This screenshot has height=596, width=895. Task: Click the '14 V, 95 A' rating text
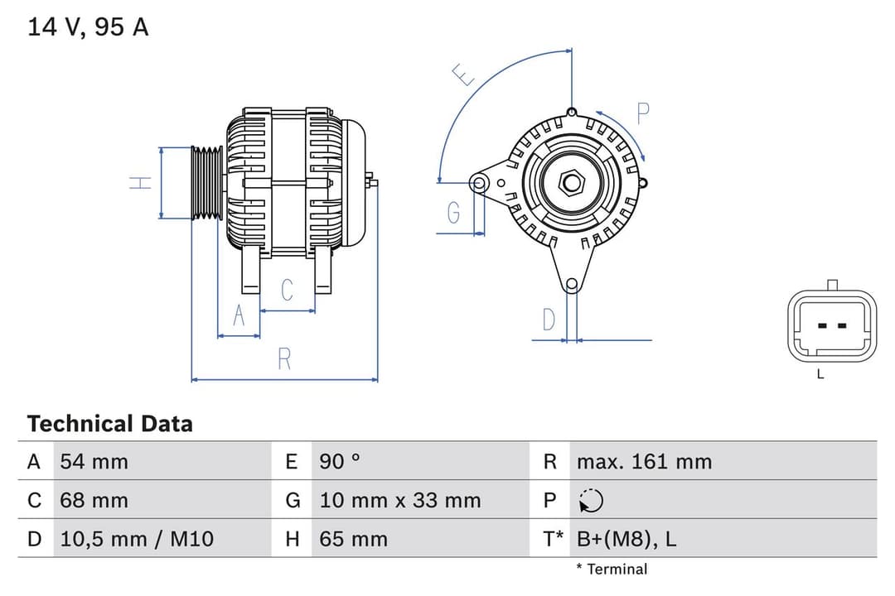(88, 27)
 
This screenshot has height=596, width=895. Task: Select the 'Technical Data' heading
(109, 424)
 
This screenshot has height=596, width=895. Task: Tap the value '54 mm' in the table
(94, 461)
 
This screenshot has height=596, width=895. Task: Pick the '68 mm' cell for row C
(94, 500)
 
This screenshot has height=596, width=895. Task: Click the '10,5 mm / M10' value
(137, 539)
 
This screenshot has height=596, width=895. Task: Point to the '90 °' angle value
(340, 461)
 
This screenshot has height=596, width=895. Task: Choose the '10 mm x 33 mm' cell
(399, 500)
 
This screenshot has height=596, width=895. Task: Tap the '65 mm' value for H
(353, 539)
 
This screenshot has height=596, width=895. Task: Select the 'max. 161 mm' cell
(644, 461)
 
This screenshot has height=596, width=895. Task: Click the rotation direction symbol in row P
(591, 501)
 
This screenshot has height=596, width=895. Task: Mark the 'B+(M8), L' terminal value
(626, 539)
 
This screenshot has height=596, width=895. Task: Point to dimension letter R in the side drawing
(284, 359)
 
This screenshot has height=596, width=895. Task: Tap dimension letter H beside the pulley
(142, 183)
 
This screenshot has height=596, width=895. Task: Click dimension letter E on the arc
(465, 75)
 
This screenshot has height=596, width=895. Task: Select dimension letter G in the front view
(453, 213)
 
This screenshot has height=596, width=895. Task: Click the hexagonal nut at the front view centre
(571, 181)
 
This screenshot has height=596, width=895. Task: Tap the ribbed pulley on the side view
(206, 183)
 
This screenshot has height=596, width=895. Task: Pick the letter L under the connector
(820, 374)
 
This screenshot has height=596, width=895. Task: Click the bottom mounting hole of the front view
(571, 285)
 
